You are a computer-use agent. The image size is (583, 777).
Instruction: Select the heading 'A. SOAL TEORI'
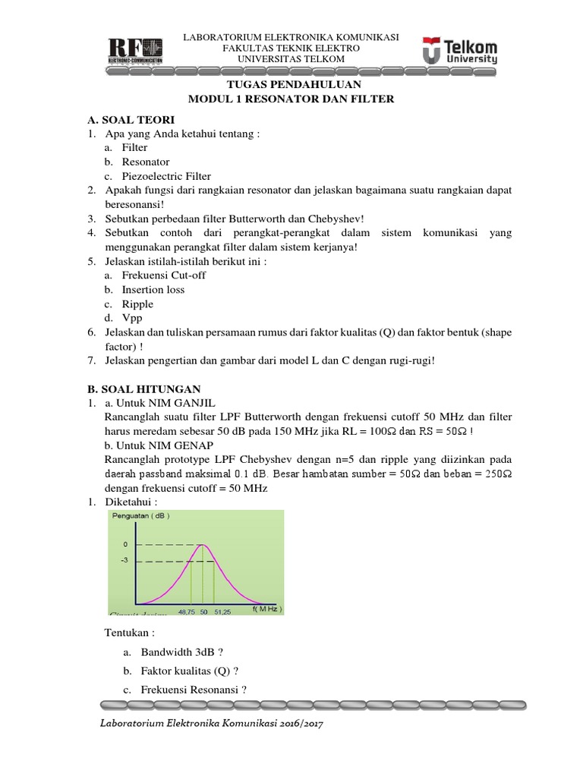coord(131,120)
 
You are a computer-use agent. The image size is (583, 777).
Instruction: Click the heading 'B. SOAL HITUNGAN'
coord(145,388)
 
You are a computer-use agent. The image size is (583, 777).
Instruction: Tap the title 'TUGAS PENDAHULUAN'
coord(292,84)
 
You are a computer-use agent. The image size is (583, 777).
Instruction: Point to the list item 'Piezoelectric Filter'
coord(166,176)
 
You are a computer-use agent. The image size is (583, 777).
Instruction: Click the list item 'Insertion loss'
coord(153,289)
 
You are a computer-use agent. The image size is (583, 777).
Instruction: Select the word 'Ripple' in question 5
coord(137,304)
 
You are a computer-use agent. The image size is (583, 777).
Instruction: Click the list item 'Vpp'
coord(132,318)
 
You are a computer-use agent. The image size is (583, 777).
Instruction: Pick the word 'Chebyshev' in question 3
coord(338,219)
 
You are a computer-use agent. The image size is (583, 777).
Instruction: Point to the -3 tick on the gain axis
coord(124,561)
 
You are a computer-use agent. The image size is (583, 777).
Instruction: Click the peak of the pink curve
coord(203,545)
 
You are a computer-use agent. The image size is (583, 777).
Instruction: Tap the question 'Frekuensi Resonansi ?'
coord(194,689)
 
